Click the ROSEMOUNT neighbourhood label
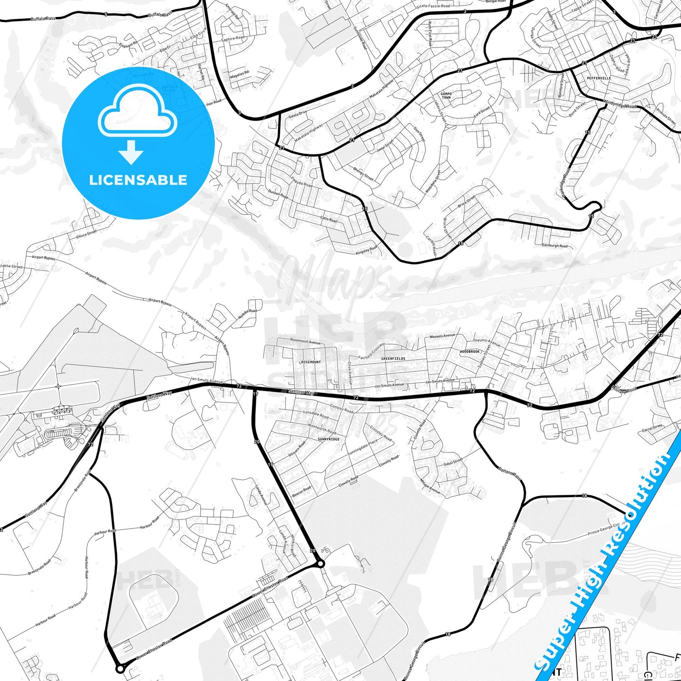[311, 362]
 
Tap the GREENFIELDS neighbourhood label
[393, 359]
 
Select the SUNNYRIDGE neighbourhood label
[328, 439]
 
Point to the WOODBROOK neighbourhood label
[469, 352]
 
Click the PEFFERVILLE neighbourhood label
[599, 78]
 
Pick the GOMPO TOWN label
[446, 96]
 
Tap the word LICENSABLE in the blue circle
[138, 180]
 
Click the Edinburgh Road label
[555, 246]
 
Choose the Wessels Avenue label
[442, 336]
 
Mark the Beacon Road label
[302, 491]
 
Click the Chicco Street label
[86, 233]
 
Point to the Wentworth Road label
[322, 428]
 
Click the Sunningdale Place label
[362, 447]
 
